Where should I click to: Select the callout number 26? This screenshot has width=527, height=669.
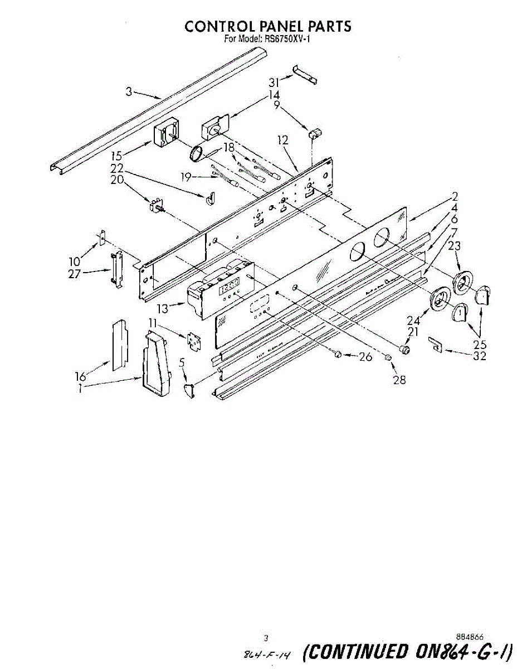pos(365,357)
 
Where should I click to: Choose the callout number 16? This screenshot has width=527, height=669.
pos(81,376)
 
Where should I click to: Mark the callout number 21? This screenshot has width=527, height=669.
pos(412,331)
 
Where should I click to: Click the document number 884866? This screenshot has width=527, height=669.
pos(469,636)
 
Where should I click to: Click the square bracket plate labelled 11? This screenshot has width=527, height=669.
pos(194,341)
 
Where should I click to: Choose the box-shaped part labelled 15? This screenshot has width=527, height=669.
pos(165,135)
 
